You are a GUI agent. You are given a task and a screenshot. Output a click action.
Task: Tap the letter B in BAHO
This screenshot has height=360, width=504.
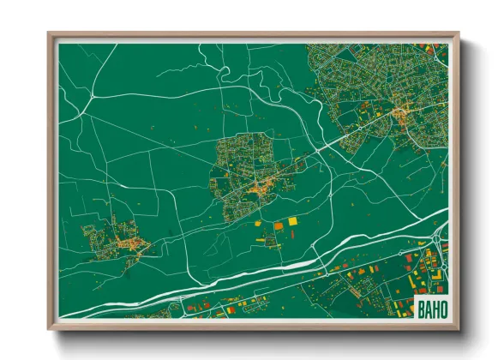pos(418,307)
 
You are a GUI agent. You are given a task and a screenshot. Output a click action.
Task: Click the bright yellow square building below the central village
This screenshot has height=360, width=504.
pos(292,221)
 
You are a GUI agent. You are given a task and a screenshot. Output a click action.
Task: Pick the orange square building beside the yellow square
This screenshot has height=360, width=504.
pos(278,225)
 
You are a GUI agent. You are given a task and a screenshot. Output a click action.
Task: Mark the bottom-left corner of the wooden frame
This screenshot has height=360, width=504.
pos(50,328)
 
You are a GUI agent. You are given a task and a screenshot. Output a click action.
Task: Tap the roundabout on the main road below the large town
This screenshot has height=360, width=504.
pos(319,150)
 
